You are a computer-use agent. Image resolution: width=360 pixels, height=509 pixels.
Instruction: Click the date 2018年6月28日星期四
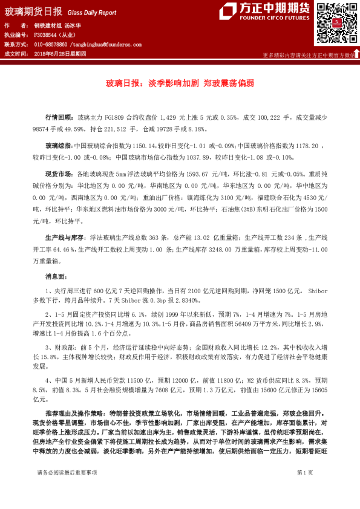61,54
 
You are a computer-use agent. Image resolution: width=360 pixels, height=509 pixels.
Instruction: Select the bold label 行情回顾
59,117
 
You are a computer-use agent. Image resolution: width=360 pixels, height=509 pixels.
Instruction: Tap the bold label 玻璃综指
59,146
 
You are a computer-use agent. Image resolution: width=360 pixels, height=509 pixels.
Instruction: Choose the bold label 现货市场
59,173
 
